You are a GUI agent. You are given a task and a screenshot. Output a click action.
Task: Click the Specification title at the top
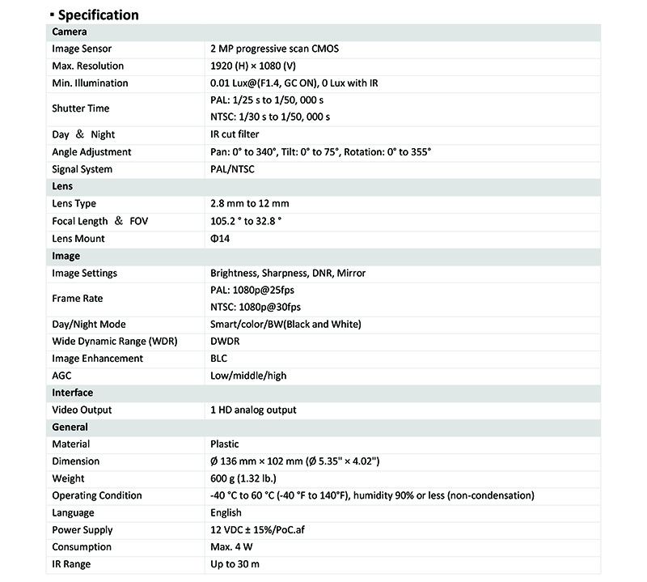click(x=98, y=15)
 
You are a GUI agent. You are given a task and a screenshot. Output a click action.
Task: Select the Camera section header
click(x=70, y=32)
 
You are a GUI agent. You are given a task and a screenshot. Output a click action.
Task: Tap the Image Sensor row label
click(x=82, y=49)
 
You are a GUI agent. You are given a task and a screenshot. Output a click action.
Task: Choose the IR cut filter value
click(x=235, y=135)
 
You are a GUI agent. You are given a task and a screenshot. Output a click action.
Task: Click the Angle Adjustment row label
click(x=91, y=152)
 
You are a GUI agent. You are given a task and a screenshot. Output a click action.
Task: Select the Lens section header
click(x=62, y=187)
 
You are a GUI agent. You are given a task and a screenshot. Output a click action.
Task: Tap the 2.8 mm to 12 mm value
click(x=249, y=204)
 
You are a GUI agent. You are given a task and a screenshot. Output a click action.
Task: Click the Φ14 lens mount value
click(x=220, y=239)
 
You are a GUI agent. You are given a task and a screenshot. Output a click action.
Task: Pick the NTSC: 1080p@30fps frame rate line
click(x=255, y=307)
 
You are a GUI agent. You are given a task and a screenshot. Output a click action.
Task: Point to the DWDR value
click(x=226, y=342)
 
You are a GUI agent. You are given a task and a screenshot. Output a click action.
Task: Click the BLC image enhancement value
click(x=220, y=359)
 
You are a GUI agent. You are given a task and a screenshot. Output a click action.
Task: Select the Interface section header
click(x=73, y=393)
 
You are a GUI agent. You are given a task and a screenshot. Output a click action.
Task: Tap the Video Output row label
click(x=82, y=410)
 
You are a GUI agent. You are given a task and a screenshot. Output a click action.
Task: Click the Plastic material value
click(x=225, y=444)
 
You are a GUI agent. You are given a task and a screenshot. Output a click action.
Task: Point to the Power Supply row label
click(x=82, y=530)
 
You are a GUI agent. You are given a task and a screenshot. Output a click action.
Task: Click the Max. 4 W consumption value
click(x=234, y=547)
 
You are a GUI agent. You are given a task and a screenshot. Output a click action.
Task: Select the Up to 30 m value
click(x=235, y=564)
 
